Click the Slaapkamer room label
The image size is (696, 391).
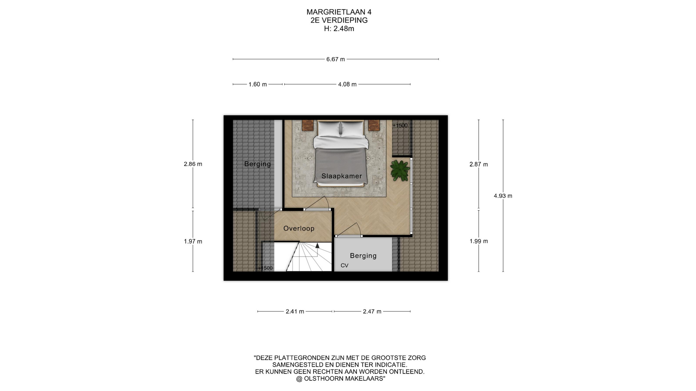click(x=342, y=176)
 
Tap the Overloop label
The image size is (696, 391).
click(x=299, y=228)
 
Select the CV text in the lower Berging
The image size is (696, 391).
click(x=344, y=265)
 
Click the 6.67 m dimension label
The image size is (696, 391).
click(x=336, y=59)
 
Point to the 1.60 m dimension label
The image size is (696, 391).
click(x=258, y=84)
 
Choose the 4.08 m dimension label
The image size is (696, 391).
click(x=347, y=84)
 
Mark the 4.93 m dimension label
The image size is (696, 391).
click(x=503, y=196)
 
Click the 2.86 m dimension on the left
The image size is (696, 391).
click(x=193, y=164)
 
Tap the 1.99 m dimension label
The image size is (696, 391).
click(x=479, y=241)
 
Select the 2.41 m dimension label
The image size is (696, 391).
click(x=295, y=311)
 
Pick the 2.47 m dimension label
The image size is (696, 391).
click(x=372, y=311)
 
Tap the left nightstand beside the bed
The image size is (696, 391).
click(x=308, y=125)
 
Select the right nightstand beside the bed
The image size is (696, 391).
click(x=374, y=125)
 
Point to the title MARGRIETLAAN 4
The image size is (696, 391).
click(x=339, y=12)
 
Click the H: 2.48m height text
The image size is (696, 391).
click(x=339, y=29)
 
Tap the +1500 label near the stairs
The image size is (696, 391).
click(x=265, y=268)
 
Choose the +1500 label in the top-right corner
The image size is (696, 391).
click(x=400, y=126)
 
